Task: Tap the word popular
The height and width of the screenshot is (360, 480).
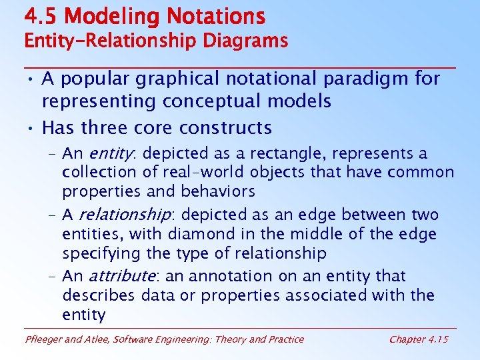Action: pyautogui.click(x=97, y=79)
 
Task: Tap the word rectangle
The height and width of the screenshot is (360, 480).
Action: pyautogui.click(x=283, y=154)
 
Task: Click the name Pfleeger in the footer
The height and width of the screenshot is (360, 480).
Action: pyautogui.click(x=44, y=339)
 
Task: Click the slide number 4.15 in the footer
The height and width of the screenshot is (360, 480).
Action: pyautogui.click(x=437, y=339)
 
